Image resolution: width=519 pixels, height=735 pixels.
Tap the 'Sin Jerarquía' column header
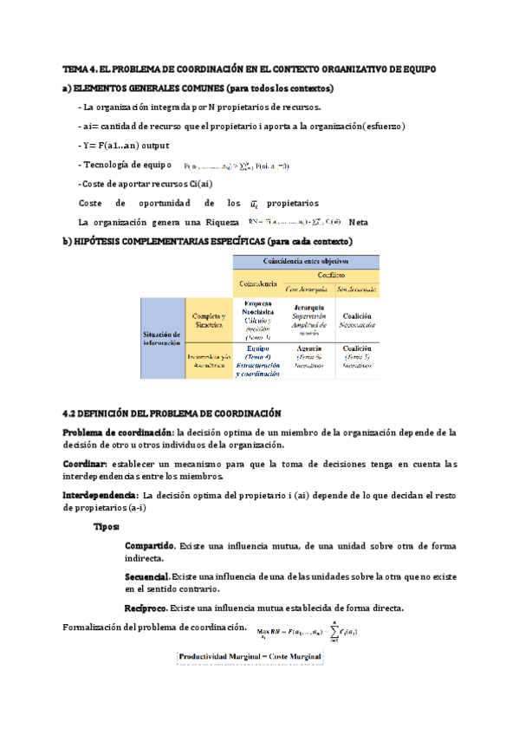point(356,289)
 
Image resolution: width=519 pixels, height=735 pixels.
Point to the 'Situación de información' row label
point(162,338)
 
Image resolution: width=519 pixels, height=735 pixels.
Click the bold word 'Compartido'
point(150,546)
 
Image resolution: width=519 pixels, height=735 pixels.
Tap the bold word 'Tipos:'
point(107,526)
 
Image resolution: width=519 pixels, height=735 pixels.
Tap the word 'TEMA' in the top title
point(76,68)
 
